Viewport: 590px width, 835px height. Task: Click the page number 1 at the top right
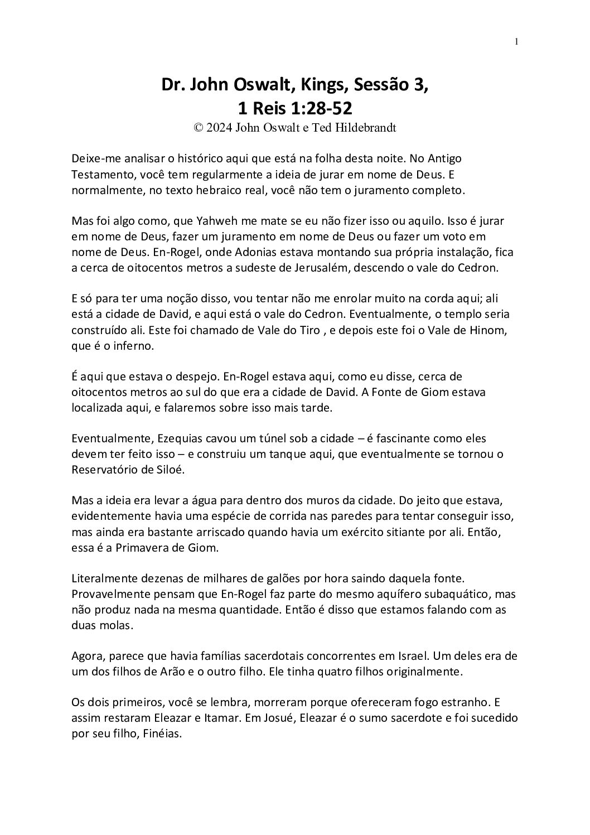516,41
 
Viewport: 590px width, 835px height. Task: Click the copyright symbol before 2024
198,128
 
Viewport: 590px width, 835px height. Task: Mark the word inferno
132,346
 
